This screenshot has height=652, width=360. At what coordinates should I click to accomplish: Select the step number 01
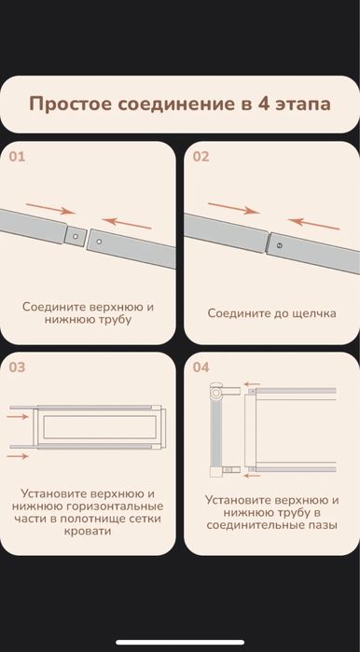click(x=18, y=157)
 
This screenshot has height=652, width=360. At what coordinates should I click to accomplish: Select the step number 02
click(x=201, y=157)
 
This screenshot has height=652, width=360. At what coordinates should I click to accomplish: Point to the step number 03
click(x=18, y=367)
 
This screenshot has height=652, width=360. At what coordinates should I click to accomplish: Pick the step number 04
click(x=201, y=367)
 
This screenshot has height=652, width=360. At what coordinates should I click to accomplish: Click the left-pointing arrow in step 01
click(x=126, y=223)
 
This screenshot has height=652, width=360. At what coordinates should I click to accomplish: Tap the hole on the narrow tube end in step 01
click(x=75, y=237)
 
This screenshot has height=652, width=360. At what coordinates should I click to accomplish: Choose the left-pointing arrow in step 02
click(x=308, y=223)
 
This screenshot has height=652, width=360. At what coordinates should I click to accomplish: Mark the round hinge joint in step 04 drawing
click(x=217, y=395)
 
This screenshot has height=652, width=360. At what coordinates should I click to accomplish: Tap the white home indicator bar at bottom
click(x=179, y=642)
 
